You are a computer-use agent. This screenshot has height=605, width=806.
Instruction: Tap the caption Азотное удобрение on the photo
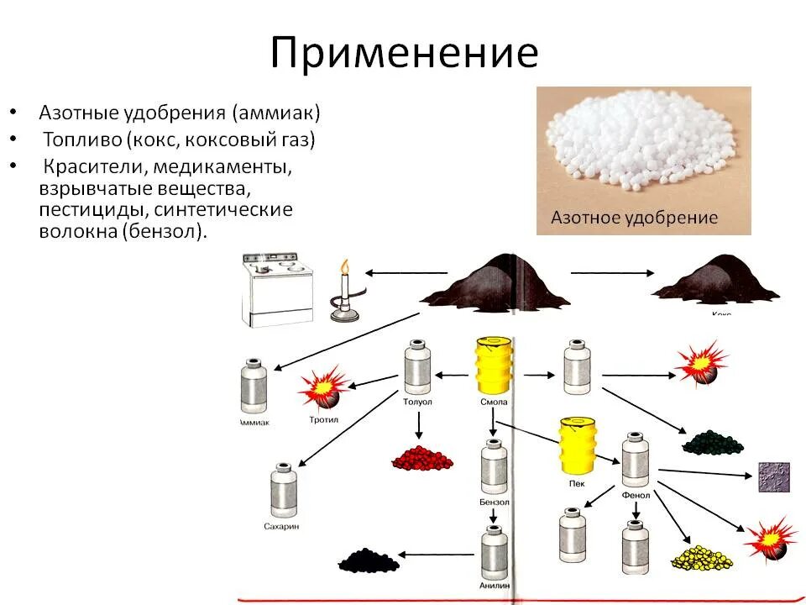click(634, 218)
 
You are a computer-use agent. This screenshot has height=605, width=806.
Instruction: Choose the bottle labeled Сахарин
click(282, 491)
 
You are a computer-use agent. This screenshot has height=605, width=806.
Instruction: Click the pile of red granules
click(421, 457)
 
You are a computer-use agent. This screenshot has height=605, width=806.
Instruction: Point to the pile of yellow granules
click(700, 556)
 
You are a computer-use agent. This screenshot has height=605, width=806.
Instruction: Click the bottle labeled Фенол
click(635, 461)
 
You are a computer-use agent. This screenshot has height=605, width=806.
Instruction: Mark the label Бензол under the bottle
click(495, 502)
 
